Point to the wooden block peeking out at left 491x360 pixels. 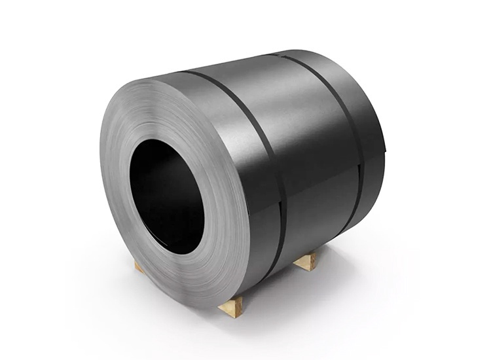coord(139,266)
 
